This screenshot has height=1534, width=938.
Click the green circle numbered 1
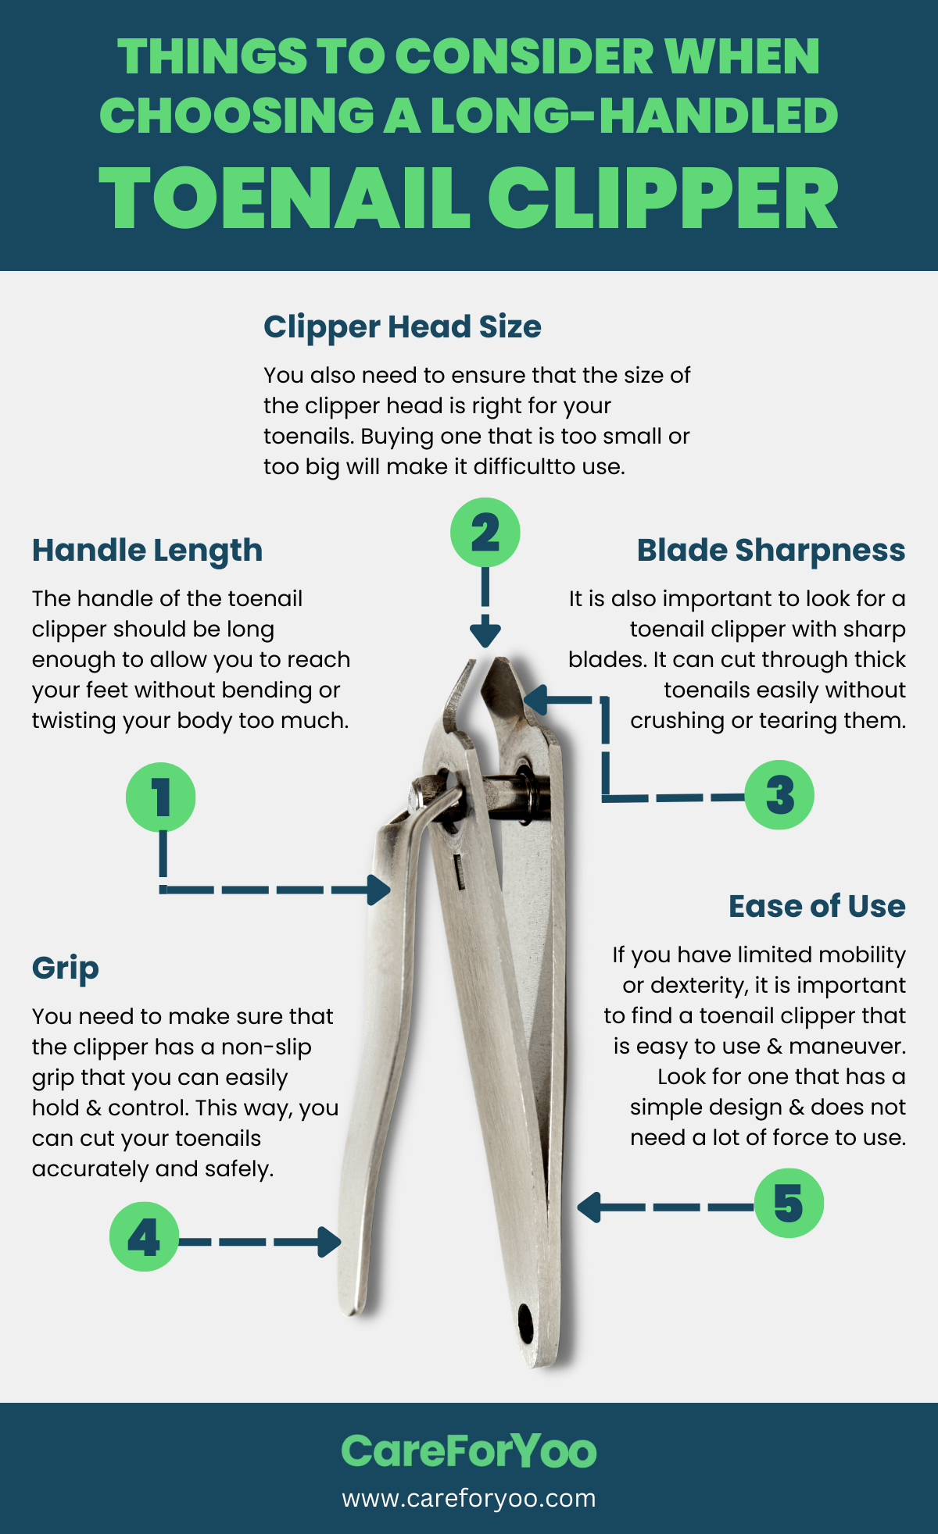pos(160,797)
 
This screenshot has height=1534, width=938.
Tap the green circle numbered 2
pos(485,533)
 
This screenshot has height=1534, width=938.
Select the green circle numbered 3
pos(779,795)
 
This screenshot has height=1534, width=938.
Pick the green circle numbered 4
pos(144,1236)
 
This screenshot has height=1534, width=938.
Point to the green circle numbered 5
pos(789,1203)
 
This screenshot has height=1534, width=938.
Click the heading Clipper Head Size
pos(402,326)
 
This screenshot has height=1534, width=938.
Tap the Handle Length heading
pos(147,551)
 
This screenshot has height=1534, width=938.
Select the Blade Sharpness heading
pos(771,551)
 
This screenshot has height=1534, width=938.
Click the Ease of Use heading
pos(817,906)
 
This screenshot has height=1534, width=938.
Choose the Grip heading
pos(66,969)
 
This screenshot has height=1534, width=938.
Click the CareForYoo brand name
pos(469,1451)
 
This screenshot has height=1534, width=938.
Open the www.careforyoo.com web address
pos(469,1498)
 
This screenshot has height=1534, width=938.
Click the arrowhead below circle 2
pos(485,633)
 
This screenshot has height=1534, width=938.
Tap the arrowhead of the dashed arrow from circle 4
pos(330,1241)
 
